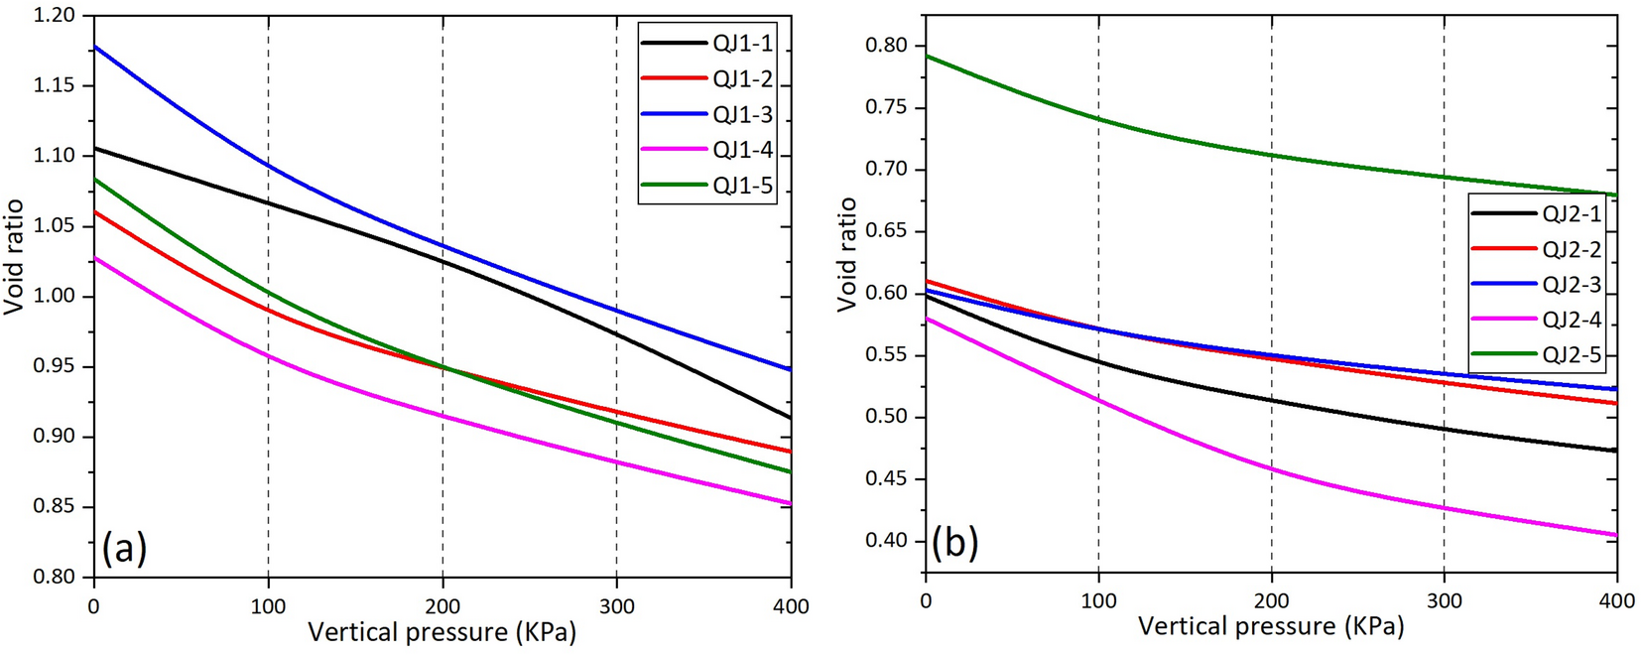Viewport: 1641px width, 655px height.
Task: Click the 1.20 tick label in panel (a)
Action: point(54,16)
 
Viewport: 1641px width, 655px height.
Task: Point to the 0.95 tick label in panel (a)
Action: point(54,367)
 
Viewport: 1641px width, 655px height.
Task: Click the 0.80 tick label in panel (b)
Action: point(886,45)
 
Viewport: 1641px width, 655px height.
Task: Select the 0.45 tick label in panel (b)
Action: point(886,479)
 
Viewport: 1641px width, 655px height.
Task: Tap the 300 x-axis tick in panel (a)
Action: point(616,606)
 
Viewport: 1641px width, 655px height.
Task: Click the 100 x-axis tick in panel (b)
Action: point(1098,601)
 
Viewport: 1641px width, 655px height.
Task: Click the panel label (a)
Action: point(124,547)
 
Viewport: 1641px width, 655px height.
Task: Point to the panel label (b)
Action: point(954,542)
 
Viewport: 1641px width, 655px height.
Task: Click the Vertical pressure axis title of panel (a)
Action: point(442,632)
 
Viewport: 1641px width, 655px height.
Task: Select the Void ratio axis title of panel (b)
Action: point(846,255)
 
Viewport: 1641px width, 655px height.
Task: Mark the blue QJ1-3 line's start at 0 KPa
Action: point(94,46)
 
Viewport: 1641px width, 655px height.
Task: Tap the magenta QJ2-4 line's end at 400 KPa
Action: point(1616,536)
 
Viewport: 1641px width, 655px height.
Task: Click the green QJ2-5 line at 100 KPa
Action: point(1098,119)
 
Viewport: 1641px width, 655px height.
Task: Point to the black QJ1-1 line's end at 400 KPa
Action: point(790,418)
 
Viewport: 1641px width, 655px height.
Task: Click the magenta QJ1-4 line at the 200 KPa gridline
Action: point(442,416)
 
